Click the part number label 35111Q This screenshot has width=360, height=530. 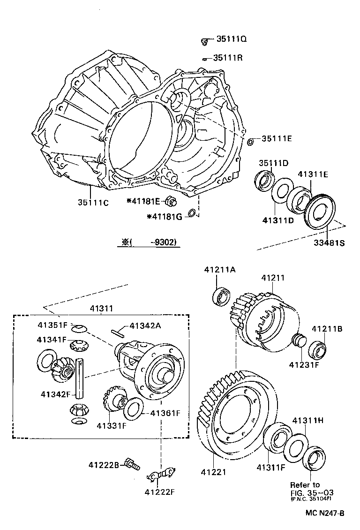click(x=231, y=40)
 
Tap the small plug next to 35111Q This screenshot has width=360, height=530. click(x=205, y=42)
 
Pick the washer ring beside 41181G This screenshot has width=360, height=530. click(x=191, y=214)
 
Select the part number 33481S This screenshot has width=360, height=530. click(x=328, y=243)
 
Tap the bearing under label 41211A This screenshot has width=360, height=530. click(x=222, y=296)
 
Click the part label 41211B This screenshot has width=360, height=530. click(x=327, y=329)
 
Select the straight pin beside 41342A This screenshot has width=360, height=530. click(x=118, y=333)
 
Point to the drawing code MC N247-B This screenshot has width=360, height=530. click(x=325, y=513)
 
